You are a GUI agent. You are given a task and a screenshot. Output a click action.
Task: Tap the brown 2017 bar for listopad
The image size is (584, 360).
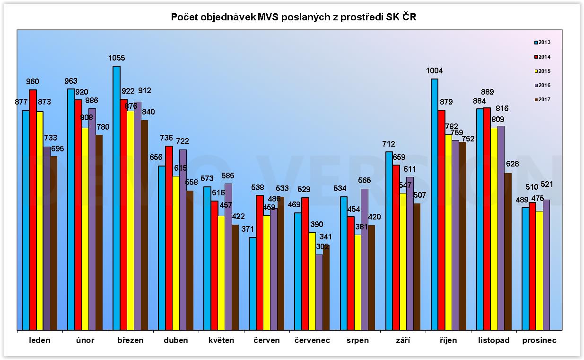pyautogui.click(x=508, y=251)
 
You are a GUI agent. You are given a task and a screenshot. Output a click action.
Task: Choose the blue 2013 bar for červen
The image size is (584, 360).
pyautogui.click(x=253, y=283)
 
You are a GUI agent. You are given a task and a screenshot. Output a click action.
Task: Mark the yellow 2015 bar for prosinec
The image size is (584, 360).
pyautogui.click(x=539, y=270)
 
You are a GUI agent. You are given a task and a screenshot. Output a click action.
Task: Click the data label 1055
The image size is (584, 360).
pyautogui.click(x=116, y=58)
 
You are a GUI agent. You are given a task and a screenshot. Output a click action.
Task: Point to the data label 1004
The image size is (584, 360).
pyautogui.click(x=434, y=71)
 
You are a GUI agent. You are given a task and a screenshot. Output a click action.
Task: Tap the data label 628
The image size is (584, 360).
pyautogui.click(x=512, y=165)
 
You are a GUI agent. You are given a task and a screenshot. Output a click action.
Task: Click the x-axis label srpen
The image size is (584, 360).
pyautogui.click(x=357, y=341)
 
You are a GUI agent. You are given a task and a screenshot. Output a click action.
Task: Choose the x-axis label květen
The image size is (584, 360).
pyautogui.click(x=221, y=341)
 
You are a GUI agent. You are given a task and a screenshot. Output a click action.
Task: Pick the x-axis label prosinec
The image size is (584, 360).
pyautogui.click(x=539, y=341)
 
